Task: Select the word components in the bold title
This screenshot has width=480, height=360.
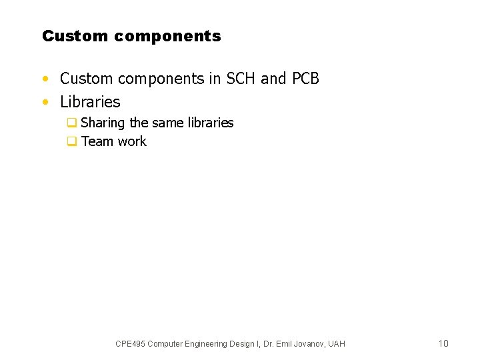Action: pos(167,37)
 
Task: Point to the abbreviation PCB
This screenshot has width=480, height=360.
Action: pos(305,79)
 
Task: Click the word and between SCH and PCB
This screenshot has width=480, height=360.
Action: pos(273,79)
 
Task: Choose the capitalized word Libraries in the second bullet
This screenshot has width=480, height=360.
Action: pos(90,102)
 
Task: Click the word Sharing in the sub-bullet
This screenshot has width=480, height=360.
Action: pos(103,123)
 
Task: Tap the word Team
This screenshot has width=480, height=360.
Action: pos(97,141)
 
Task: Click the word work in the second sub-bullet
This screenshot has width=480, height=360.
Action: pos(132,141)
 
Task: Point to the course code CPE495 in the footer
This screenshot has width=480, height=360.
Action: pos(130,344)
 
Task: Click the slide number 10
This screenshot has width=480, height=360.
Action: pos(443,343)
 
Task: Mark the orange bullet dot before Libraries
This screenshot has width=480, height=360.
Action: pos(45,103)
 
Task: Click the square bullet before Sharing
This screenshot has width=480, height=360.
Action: pos(71,123)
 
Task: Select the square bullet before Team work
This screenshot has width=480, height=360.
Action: pos(71,141)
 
